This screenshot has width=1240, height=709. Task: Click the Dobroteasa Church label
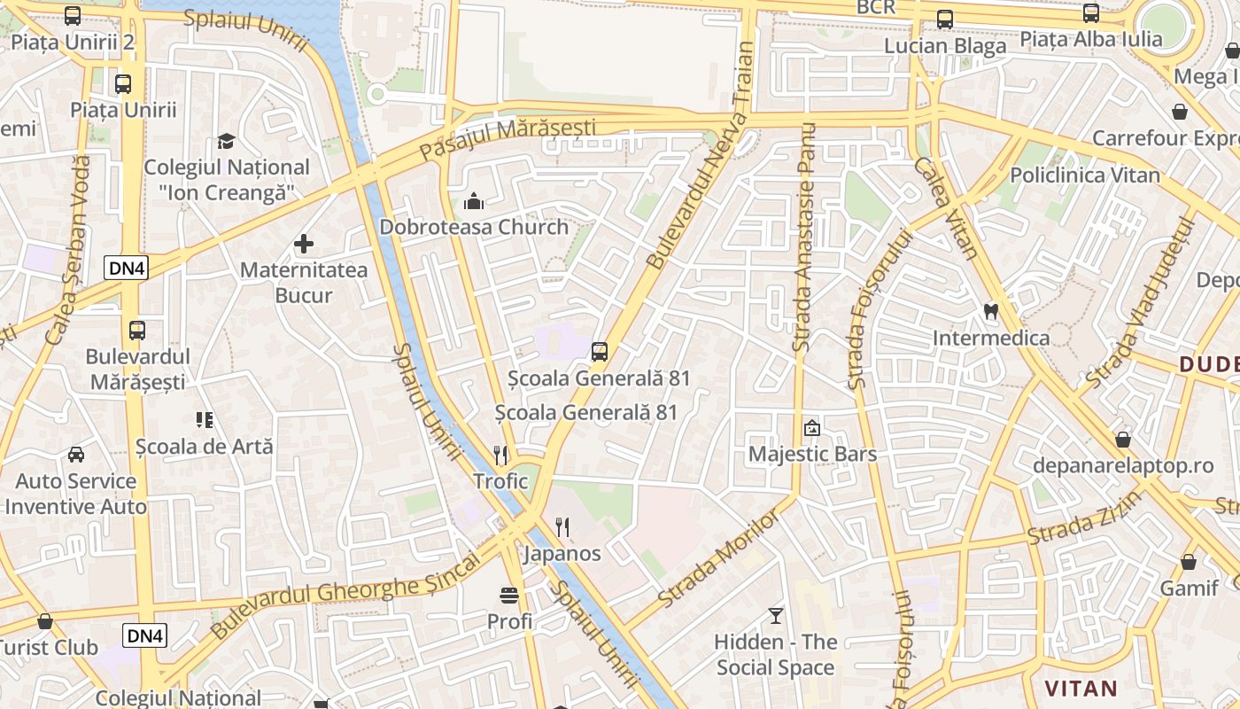point(474,227)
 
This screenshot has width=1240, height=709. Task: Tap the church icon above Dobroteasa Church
point(474,202)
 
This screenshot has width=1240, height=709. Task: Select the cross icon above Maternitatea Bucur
point(304,243)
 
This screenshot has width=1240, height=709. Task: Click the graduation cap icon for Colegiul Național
point(227,141)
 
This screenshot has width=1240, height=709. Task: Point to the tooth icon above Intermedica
point(991,311)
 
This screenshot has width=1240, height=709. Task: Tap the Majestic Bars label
point(812,454)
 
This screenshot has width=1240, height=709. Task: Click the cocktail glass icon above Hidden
point(776,615)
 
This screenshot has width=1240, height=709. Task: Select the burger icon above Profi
point(509,595)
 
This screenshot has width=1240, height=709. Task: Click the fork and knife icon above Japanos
point(562,527)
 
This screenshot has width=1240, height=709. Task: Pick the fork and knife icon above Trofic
point(500,456)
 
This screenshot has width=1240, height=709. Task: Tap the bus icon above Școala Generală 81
point(600,352)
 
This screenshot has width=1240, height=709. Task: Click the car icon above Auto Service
point(76,455)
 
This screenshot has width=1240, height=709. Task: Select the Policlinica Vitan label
point(1084,175)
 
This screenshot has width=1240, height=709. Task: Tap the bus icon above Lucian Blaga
point(945,19)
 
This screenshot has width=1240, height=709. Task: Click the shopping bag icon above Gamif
point(1189,562)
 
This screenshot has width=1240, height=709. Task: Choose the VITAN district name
point(1081,689)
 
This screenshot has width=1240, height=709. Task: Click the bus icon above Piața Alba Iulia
point(1091,13)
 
